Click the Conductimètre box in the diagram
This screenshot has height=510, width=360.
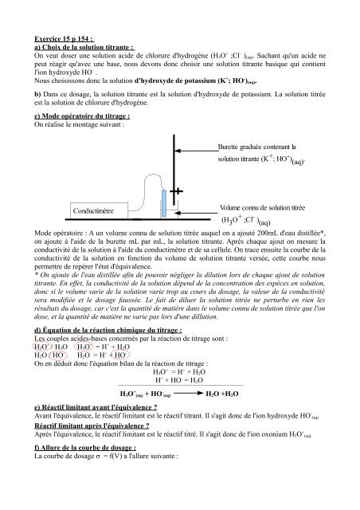click(x=93, y=211)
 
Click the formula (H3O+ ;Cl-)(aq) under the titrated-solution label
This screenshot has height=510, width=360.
click(x=259, y=220)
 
